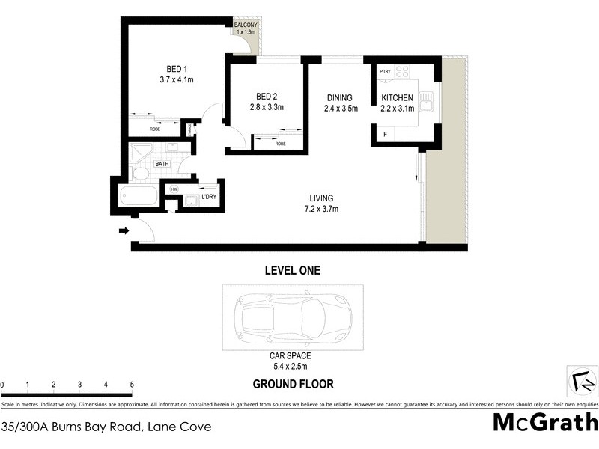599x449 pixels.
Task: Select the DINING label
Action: tap(341, 97)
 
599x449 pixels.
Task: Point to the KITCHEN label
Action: tap(397, 98)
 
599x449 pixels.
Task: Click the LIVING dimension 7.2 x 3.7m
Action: tap(319, 209)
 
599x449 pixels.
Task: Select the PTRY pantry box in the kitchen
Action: tap(386, 72)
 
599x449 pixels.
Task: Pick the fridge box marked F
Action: tap(386, 135)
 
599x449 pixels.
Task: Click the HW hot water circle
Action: tap(174, 189)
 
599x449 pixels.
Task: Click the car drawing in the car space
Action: tap(292, 317)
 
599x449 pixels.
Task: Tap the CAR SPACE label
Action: tap(291, 357)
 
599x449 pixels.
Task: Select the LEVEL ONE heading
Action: tap(292, 271)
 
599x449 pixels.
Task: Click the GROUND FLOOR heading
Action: tap(292, 385)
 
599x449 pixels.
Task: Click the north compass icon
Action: tap(582, 381)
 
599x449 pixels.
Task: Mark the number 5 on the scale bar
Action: tap(132, 385)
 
